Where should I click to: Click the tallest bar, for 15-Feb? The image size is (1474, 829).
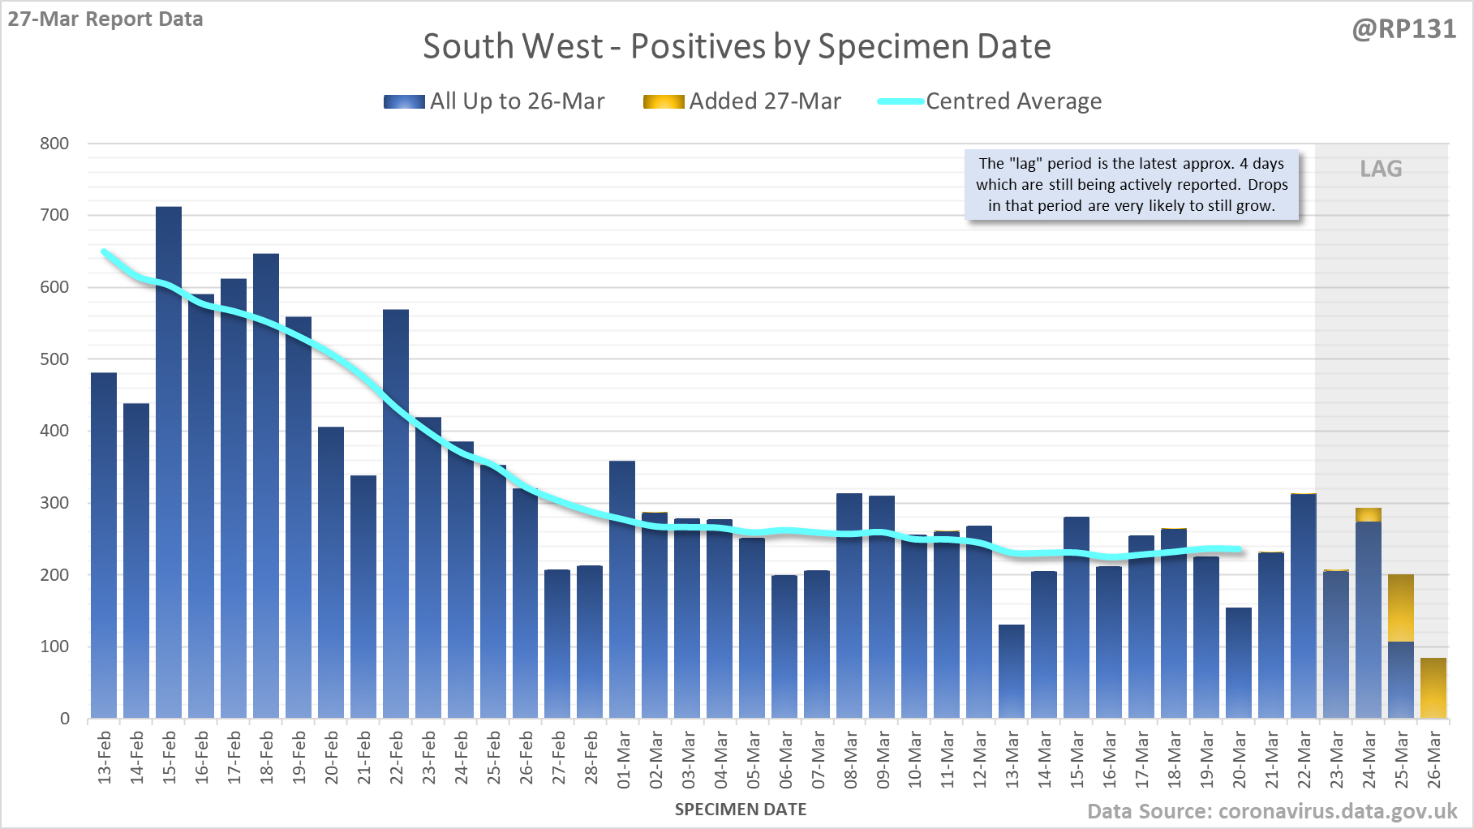tap(169, 462)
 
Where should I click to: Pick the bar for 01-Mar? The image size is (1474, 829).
tap(622, 589)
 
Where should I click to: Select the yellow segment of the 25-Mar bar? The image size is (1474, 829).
tap(1401, 608)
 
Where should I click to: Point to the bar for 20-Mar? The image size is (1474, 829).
tap(1239, 663)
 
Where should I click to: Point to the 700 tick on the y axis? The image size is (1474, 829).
tap(54, 215)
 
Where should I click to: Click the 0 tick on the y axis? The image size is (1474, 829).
tap(65, 719)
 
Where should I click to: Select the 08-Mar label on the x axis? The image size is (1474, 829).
tap(850, 759)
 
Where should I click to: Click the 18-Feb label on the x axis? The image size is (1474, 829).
tap(266, 758)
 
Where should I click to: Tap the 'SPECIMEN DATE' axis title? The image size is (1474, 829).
tap(741, 810)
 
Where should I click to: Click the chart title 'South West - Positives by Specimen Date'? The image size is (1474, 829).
tap(737, 46)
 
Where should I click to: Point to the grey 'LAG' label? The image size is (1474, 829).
tap(1381, 169)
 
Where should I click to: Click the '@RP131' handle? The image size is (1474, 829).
tap(1404, 29)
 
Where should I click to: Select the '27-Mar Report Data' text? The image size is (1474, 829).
tap(105, 19)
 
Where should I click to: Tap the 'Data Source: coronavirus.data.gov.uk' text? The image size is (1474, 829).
tap(1272, 811)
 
